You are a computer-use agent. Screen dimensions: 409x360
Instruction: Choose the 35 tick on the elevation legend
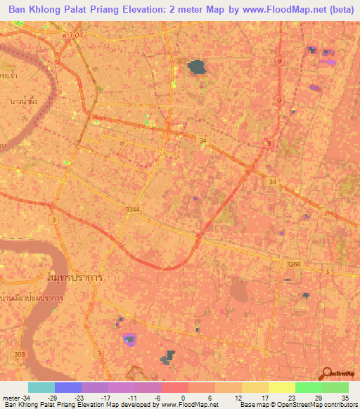tap(345, 398)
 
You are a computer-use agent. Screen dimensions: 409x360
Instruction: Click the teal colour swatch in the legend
tap(41, 387)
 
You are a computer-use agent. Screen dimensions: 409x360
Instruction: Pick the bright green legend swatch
tap(308, 387)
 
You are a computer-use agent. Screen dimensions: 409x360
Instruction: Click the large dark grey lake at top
tap(197, 67)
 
